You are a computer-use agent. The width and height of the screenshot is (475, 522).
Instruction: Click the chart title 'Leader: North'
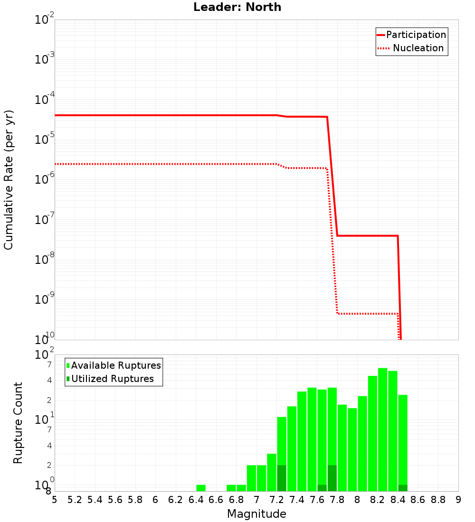tap(237, 8)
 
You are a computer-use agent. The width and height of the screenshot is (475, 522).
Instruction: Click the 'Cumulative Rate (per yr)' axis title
tap(9, 180)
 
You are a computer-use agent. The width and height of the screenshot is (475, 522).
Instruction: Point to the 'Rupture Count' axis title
tap(18, 423)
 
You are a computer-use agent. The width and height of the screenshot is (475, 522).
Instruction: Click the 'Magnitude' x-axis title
tap(256, 514)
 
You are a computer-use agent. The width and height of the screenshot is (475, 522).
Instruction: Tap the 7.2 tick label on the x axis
tap(276, 500)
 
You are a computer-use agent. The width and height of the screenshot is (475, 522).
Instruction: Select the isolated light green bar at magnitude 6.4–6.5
tap(201, 488)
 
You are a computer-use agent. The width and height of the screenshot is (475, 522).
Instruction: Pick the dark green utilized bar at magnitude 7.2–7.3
tap(282, 478)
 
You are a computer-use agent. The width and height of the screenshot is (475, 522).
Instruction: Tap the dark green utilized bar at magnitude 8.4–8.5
tap(403, 488)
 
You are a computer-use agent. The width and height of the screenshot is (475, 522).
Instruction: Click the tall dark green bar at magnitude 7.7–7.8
tap(332, 478)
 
